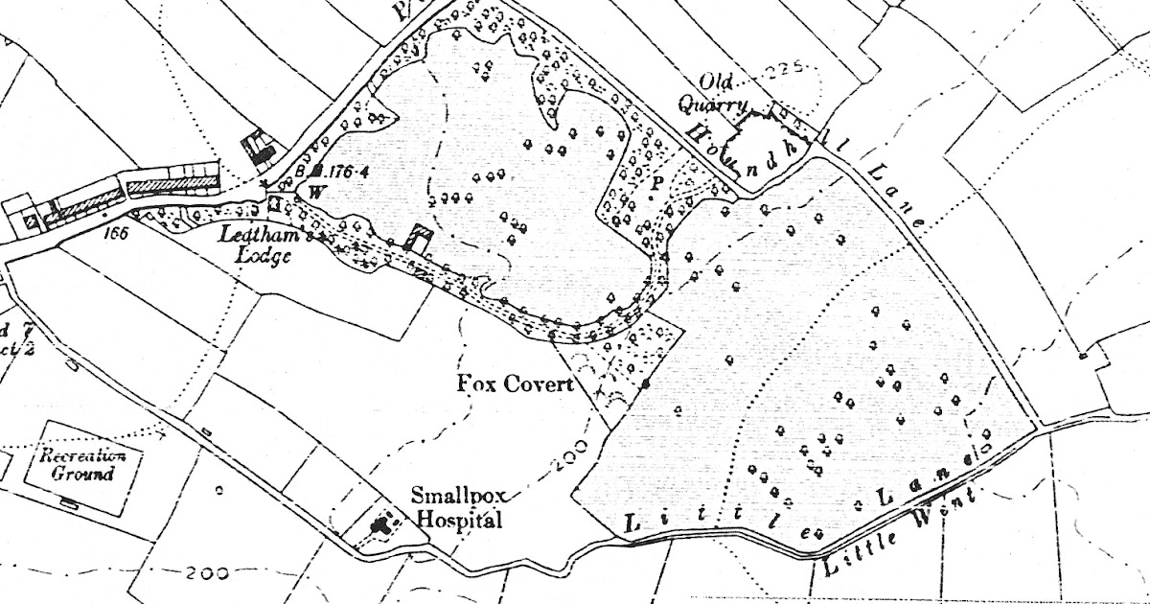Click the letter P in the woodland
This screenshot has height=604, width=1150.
point(657,179)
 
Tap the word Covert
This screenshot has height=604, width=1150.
point(539,384)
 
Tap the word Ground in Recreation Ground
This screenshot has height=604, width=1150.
point(83,474)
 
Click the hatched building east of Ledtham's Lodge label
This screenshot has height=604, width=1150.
point(417,238)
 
